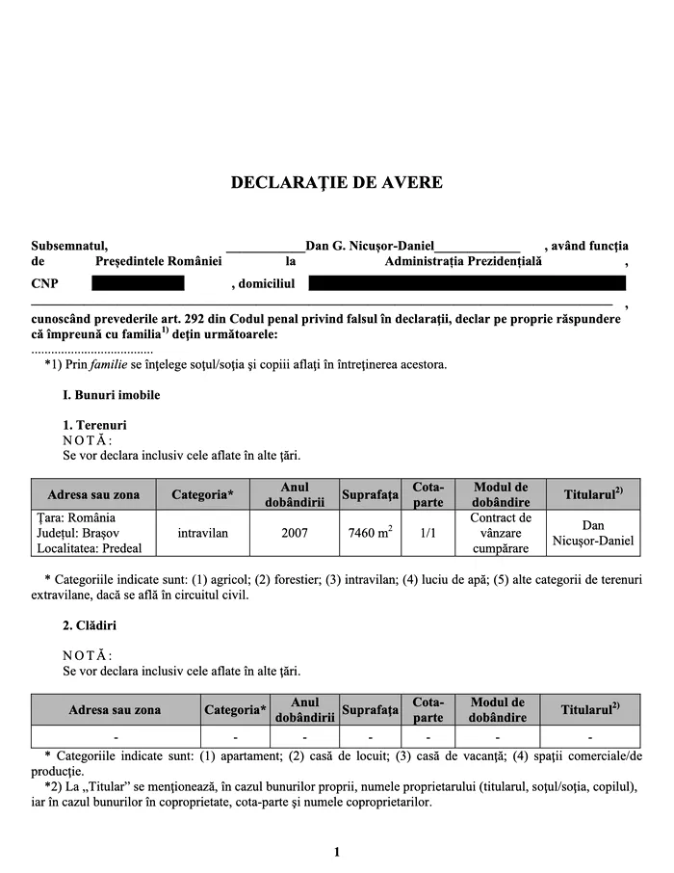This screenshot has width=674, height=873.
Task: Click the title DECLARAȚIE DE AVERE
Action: [337, 182]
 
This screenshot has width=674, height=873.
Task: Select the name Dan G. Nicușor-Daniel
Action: [370, 246]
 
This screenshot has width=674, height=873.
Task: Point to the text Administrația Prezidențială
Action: [463, 261]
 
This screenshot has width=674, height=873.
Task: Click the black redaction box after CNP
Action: [138, 283]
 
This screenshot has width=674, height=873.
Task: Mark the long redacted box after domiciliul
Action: [467, 283]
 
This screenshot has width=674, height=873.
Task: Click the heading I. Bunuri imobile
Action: [111, 395]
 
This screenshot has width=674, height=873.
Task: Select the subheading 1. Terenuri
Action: [94, 425]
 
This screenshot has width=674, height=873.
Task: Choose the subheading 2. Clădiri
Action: [91, 625]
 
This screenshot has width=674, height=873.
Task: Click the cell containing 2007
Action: [296, 533]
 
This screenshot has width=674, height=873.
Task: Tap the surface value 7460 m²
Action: [370, 533]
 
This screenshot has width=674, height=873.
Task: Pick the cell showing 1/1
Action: [428, 533]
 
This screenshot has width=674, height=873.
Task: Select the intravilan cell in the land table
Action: [203, 533]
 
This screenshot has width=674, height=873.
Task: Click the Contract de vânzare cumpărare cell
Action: [501, 533]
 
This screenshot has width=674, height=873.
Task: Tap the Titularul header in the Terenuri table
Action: [593, 494]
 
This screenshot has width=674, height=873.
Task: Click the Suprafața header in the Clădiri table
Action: [370, 710]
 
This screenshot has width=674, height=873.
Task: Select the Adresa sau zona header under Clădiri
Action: [115, 710]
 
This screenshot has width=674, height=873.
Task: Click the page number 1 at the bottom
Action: [337, 852]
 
